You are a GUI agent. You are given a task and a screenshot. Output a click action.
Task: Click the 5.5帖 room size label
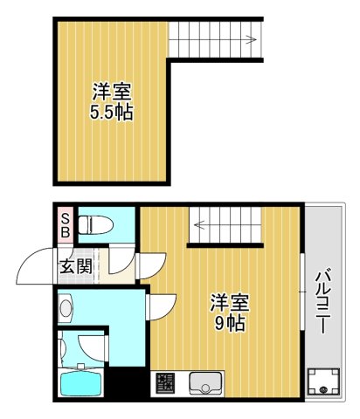click(112, 113)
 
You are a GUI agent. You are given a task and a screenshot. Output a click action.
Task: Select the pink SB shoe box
click(65, 225)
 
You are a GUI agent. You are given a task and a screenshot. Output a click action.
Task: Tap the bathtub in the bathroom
click(84, 382)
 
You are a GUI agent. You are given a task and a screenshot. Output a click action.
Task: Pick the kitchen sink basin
click(206, 382)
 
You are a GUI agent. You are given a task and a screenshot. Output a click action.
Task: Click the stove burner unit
click(165, 383)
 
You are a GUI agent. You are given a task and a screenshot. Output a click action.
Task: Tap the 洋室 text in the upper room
click(112, 92)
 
